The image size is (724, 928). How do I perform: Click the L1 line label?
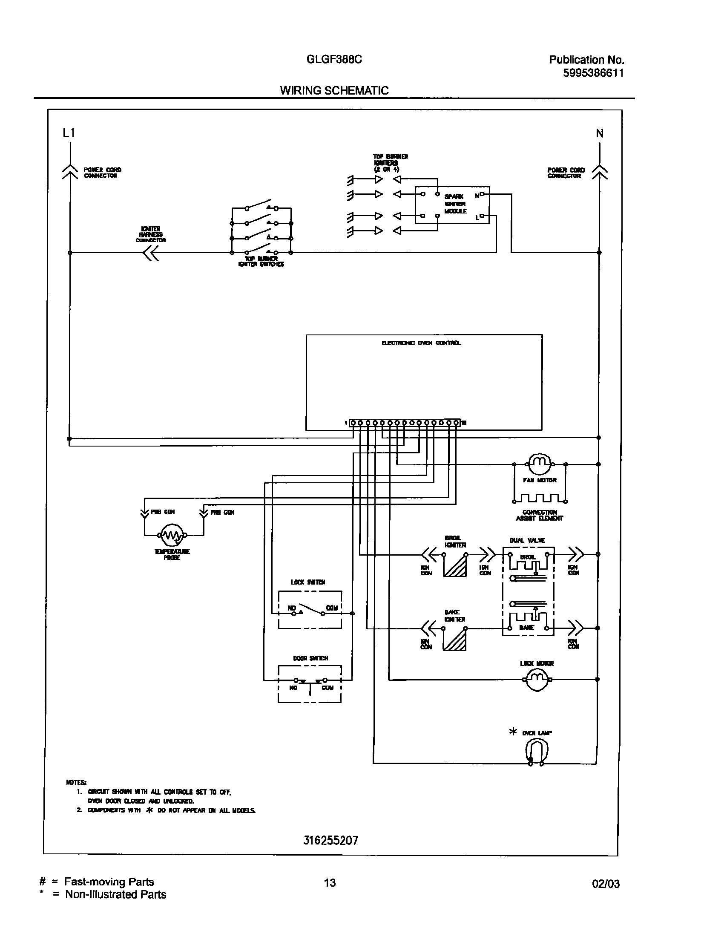point(69,133)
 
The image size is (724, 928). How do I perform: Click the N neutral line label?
point(600,133)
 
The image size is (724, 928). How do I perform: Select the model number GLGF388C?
point(334,60)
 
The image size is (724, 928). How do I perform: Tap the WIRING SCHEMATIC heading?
point(334,90)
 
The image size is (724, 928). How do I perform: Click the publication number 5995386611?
point(593,73)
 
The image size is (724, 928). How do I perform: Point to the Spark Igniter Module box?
point(452,205)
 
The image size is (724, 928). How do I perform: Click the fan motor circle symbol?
point(540,464)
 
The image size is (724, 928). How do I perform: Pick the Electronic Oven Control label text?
point(421,343)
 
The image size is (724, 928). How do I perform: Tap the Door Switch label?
point(310,658)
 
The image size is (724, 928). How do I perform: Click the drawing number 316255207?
point(330,841)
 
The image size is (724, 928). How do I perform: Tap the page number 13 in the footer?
point(330,883)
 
